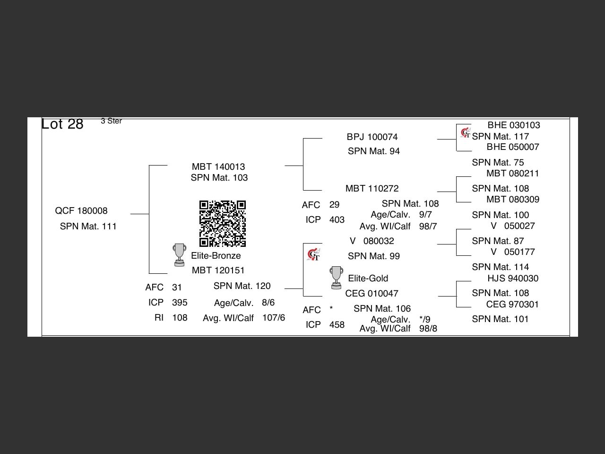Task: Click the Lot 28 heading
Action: click(x=62, y=124)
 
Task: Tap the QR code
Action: click(x=222, y=224)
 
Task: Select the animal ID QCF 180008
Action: click(x=81, y=210)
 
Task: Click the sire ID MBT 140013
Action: click(x=218, y=166)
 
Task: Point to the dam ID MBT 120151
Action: click(x=218, y=271)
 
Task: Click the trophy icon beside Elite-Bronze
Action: click(x=179, y=255)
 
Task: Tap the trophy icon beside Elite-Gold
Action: click(x=336, y=278)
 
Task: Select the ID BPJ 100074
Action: click(x=372, y=137)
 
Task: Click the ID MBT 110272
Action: click(x=372, y=188)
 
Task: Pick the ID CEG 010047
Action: click(x=372, y=293)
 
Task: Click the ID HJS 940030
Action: click(x=513, y=278)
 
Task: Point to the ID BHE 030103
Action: click(x=514, y=125)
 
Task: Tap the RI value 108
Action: click(x=180, y=317)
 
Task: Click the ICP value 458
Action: click(x=337, y=324)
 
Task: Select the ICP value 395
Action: click(x=180, y=302)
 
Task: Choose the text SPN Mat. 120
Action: click(x=242, y=286)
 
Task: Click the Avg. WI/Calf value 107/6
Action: click(x=274, y=317)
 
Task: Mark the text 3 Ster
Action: click(x=111, y=121)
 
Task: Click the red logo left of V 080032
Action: click(x=313, y=255)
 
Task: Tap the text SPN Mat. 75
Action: click(x=498, y=162)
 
